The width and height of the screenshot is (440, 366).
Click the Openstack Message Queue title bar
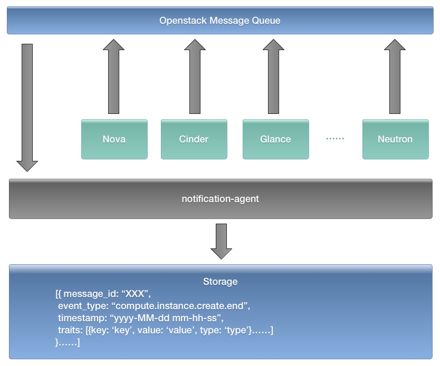[x=219, y=21]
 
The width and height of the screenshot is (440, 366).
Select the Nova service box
[x=114, y=139]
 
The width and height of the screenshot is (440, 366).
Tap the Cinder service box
[x=194, y=139]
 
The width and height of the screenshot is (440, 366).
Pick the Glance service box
[x=275, y=139]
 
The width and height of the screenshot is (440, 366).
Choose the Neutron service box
[x=395, y=139]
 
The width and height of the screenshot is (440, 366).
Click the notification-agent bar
[x=220, y=199]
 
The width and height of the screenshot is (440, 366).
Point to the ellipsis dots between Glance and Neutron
[x=335, y=139]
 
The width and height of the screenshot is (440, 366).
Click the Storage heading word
[x=220, y=282]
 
